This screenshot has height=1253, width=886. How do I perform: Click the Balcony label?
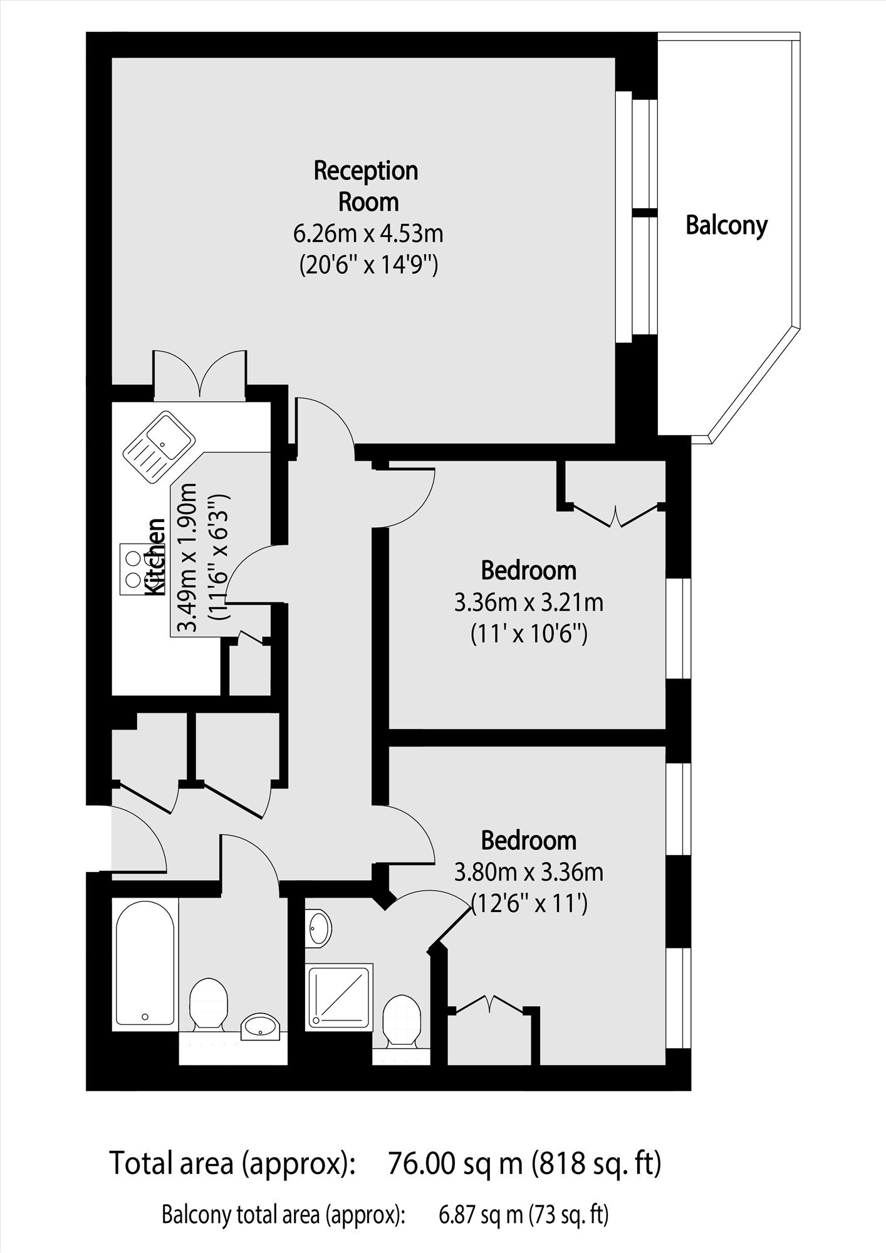coord(726,225)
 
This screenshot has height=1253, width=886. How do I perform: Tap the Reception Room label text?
coord(366,186)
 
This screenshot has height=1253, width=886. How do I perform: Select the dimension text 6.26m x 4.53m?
coord(368,234)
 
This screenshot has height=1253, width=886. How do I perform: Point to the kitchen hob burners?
coord(133,569)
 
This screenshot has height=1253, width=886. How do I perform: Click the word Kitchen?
coord(155,557)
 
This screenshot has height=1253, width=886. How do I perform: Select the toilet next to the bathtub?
coord(208,1006)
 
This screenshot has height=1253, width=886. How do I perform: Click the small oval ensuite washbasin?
coord(320,928)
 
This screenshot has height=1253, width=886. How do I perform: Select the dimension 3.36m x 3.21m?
coord(529,603)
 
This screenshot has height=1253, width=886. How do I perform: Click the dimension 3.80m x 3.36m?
coord(529,873)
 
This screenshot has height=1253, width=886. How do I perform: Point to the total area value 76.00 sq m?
coord(456,1163)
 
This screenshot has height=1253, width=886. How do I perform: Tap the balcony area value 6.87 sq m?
coord(481,1215)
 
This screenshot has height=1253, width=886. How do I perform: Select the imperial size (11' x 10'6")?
coord(529,636)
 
